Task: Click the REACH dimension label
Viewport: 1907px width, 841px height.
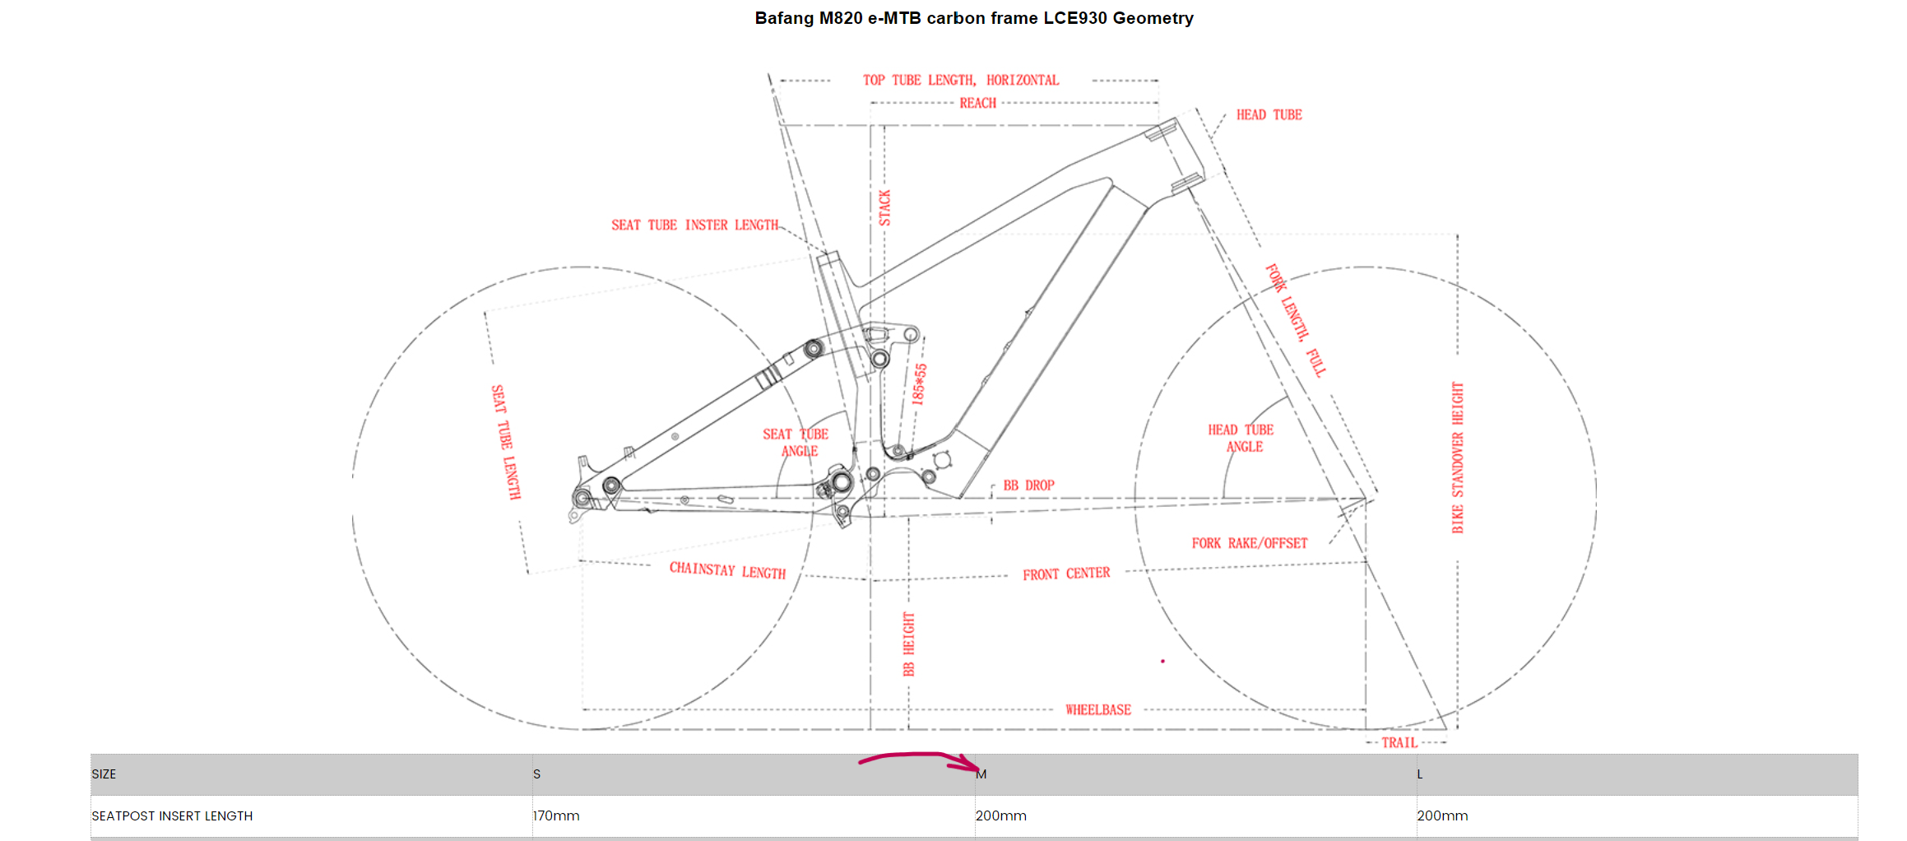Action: tap(977, 103)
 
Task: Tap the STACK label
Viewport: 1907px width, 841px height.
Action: tap(884, 207)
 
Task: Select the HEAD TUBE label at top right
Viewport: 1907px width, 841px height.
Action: tap(1269, 114)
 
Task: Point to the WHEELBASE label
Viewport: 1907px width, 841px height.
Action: tap(1097, 709)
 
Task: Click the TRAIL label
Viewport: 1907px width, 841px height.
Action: tap(1399, 742)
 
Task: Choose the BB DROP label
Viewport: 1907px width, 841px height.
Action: tap(1028, 486)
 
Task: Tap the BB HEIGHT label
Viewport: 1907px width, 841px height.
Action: tap(908, 644)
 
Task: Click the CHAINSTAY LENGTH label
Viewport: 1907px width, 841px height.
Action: tap(727, 570)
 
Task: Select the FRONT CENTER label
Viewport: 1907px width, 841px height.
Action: tap(1066, 574)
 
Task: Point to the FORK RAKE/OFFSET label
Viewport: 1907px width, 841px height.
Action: tap(1249, 543)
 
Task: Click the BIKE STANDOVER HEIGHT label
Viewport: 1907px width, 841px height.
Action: tap(1457, 458)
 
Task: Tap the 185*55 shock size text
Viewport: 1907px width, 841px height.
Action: tap(919, 384)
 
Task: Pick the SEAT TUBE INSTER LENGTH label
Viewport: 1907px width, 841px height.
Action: tap(694, 225)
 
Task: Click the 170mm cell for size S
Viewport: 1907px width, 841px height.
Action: tap(556, 815)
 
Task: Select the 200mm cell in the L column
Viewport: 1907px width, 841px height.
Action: tap(1442, 815)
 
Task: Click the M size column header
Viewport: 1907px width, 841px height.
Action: tap(981, 774)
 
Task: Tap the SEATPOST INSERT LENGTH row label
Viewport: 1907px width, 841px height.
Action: tap(172, 815)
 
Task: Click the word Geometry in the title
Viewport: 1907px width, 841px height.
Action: tap(1153, 18)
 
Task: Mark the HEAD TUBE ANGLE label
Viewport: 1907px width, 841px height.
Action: tap(1241, 438)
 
